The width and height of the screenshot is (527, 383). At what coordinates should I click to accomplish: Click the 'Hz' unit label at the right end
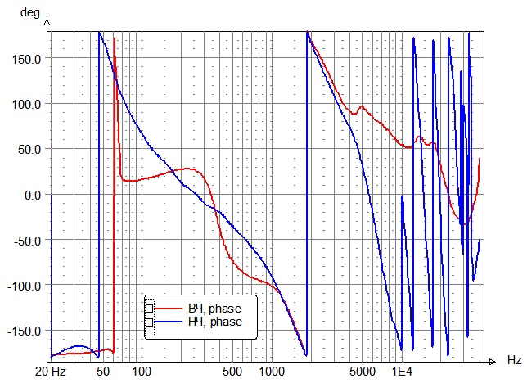point(514,360)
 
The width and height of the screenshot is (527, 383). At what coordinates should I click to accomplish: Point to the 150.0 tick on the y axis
point(28,59)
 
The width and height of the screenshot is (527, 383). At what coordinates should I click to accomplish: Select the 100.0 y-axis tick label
point(28,104)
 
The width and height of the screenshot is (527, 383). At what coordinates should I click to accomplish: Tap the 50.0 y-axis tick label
point(30,150)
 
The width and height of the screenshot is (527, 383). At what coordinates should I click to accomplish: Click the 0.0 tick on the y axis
point(33,195)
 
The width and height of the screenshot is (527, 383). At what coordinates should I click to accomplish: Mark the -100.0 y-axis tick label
point(25,286)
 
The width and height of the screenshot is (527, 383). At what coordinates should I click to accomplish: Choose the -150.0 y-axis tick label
point(25,331)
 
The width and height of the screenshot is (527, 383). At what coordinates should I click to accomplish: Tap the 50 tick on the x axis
point(103,372)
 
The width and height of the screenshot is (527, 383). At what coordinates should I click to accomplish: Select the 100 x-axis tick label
point(142,372)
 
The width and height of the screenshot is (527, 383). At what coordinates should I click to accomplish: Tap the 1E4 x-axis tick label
point(401,372)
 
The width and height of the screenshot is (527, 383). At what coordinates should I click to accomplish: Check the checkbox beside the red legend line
point(149,309)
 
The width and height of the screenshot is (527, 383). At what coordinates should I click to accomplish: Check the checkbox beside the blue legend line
point(149,322)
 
